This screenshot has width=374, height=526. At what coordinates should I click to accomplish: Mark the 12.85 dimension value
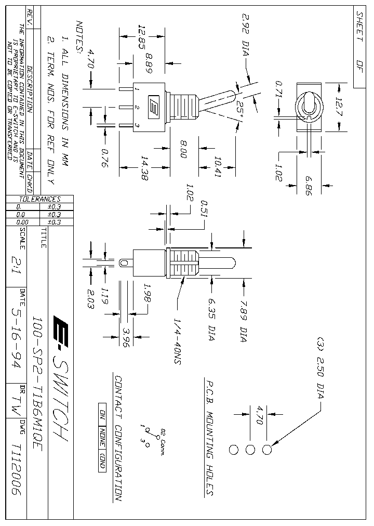tap(140, 36)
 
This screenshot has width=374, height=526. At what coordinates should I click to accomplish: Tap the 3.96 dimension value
tap(126, 338)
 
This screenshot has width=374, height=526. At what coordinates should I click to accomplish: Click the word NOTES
tap(79, 37)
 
